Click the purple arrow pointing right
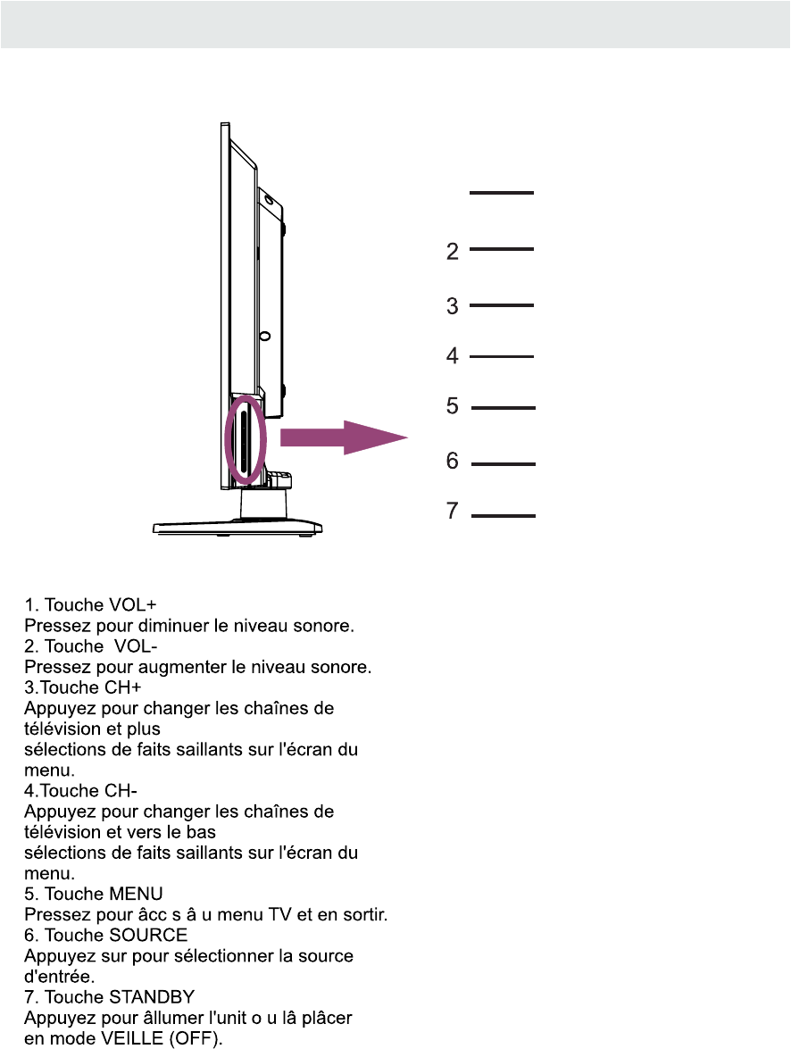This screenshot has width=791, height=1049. (344, 437)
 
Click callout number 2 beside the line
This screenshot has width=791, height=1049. (453, 252)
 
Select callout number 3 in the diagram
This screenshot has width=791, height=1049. (453, 306)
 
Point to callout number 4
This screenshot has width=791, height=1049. (453, 356)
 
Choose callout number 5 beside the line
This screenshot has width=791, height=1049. (453, 407)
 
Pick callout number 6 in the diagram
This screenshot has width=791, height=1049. (453, 462)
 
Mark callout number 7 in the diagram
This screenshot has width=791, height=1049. (453, 512)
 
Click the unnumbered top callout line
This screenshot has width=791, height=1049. (501, 192)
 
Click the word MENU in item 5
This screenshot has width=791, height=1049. (135, 895)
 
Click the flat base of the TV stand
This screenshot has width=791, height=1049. (237, 528)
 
